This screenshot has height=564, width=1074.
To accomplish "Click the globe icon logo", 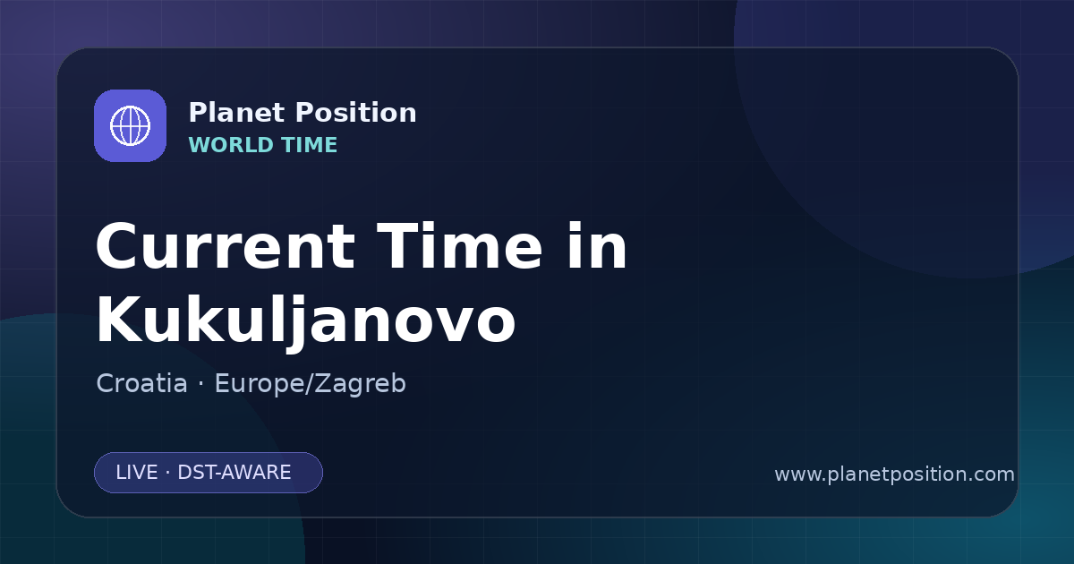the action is [130, 125].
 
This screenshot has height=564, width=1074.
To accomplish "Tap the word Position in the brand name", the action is [355, 113].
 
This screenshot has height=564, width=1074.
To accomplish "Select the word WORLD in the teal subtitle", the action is [231, 145].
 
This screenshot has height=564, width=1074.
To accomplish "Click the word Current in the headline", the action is [226, 247].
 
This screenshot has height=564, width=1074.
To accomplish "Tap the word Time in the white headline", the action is [459, 246].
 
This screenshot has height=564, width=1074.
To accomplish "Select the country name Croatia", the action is [142, 383].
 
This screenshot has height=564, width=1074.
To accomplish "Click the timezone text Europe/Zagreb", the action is [311, 384].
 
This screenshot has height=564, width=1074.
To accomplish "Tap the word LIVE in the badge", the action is [137, 473].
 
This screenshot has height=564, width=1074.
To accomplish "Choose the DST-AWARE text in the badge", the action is [234, 473].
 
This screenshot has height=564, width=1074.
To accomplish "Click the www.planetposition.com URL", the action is [895, 474].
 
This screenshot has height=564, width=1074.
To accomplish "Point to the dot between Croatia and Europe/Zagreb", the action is [200, 384].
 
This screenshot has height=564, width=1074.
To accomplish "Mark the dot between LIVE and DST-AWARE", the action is [167, 473].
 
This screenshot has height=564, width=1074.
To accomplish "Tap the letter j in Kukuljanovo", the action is [297, 324].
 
